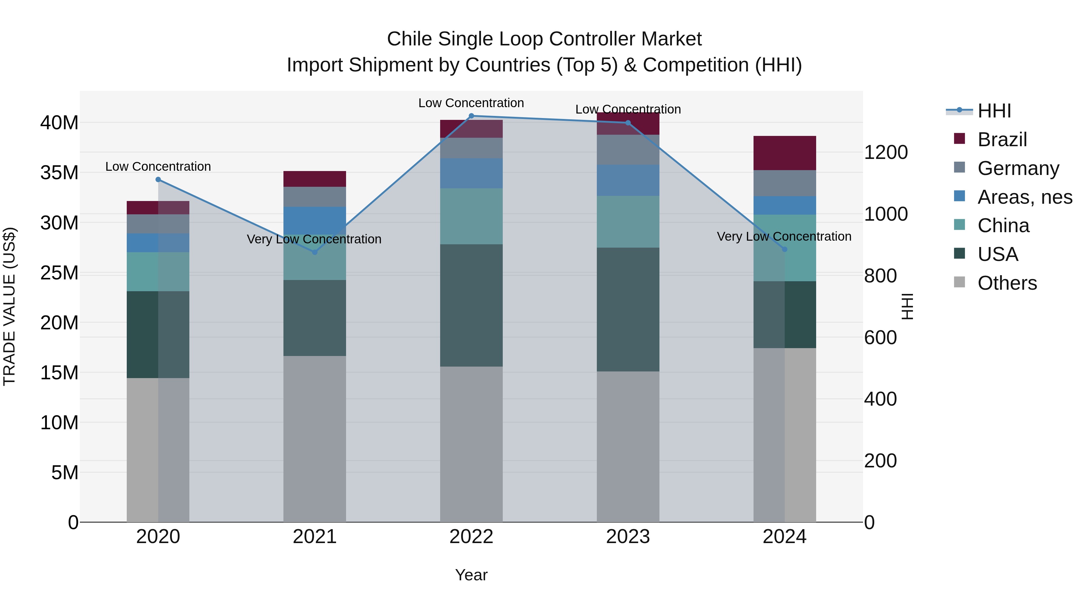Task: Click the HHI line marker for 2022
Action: [471, 116]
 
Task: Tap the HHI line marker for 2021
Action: [315, 252]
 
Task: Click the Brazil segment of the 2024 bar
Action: [785, 153]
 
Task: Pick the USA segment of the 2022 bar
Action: [471, 305]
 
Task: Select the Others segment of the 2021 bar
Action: [315, 439]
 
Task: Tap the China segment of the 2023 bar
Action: [628, 222]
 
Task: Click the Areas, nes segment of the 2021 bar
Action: [315, 220]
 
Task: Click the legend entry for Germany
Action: [1018, 168]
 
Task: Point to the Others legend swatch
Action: [960, 282]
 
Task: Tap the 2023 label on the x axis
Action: [628, 537]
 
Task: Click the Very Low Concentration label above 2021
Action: [314, 239]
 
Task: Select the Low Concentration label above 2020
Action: [158, 167]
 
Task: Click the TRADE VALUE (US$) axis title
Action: [9, 306]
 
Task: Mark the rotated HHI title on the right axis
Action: [907, 306]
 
